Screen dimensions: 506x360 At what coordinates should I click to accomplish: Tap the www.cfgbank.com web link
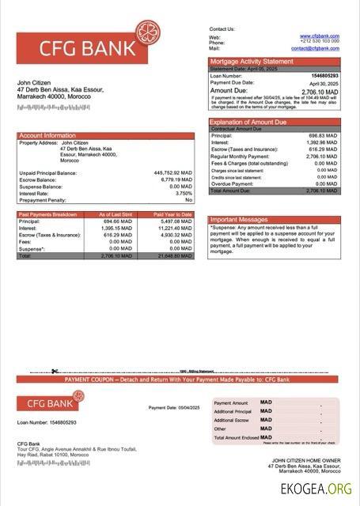click(320, 36)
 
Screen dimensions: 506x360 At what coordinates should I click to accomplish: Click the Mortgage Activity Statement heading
click(251, 62)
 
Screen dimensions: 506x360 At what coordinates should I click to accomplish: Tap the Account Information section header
click(47, 135)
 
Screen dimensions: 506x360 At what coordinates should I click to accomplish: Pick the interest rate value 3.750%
click(184, 193)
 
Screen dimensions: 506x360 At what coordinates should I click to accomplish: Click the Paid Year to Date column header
click(172, 214)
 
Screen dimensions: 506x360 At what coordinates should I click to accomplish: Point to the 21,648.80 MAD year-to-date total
click(175, 256)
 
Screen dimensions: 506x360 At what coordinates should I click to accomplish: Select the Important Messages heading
click(240, 220)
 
